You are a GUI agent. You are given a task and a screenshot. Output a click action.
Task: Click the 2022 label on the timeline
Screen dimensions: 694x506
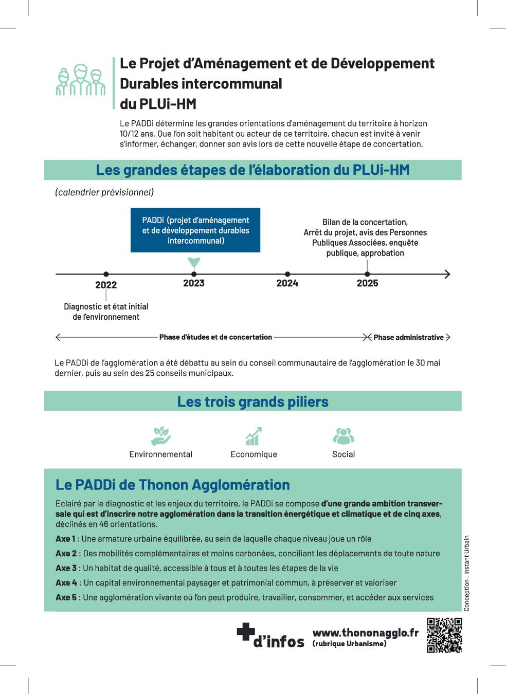[106, 285]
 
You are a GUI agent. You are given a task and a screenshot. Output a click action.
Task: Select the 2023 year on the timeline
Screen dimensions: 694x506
[194, 283]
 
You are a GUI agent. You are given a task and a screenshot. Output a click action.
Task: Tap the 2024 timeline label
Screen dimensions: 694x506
[287, 283]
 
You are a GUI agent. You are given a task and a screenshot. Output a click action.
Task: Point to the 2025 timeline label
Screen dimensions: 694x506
[367, 283]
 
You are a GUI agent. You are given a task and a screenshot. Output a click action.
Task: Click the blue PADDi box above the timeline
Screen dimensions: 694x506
[195, 230]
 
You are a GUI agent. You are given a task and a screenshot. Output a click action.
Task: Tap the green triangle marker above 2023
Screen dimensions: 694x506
[194, 263]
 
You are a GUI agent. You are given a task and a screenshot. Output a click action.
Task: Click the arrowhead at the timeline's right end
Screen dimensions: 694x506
[447, 275]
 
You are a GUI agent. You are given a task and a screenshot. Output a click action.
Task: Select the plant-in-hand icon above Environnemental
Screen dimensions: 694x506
[161, 436]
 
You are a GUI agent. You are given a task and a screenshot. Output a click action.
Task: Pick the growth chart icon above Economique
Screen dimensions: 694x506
[254, 436]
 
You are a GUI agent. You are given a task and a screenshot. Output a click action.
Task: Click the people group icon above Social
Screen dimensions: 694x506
[344, 436]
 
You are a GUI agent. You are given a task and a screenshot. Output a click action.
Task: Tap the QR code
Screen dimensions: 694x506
[444, 635]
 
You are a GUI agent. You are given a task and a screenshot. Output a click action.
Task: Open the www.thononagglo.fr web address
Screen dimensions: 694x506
[366, 633]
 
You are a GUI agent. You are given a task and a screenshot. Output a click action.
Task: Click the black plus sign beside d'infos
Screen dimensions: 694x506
[246, 632]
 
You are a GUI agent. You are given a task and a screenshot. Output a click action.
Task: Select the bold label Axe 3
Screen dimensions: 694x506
[66, 568]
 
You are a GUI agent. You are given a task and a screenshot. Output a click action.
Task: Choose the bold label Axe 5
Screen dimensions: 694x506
[66, 597]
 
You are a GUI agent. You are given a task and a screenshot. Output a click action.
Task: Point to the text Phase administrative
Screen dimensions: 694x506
[408, 338]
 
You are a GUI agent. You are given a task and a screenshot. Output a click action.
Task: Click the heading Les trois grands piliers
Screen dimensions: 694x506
[252, 401]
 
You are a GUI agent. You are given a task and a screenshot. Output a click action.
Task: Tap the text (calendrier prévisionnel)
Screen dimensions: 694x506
[104, 192]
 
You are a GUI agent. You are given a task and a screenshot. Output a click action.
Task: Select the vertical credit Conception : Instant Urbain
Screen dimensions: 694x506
[467, 573]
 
